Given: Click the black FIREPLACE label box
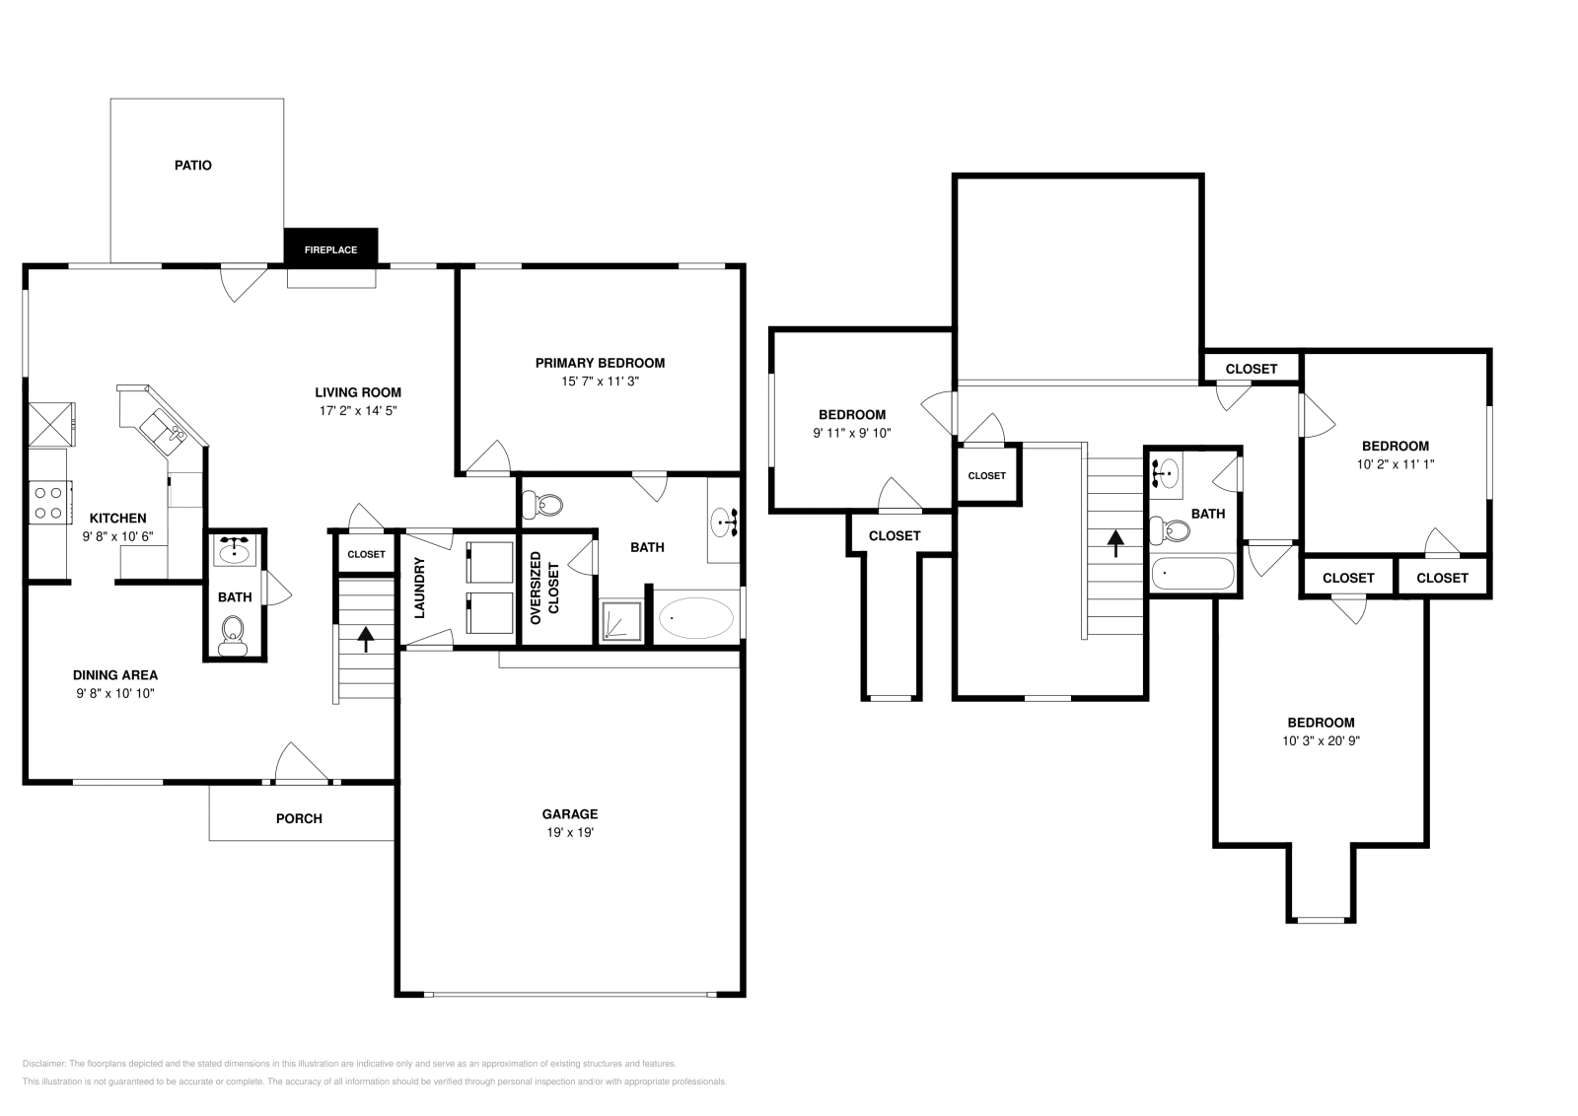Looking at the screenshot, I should (x=330, y=248).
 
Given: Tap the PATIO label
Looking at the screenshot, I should (x=193, y=165).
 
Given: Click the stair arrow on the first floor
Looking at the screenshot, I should (x=366, y=639).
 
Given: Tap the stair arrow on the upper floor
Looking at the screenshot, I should (x=1115, y=542).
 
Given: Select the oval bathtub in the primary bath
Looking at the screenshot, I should (x=695, y=618).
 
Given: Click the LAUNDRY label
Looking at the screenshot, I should (x=419, y=589).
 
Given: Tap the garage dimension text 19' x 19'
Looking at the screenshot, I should (x=569, y=832).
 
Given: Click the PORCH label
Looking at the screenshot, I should (x=299, y=818).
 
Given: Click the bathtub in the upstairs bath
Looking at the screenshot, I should (x=1192, y=573).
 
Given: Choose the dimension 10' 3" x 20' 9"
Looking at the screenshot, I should (x=1321, y=740).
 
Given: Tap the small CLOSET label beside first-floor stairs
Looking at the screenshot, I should (x=366, y=554).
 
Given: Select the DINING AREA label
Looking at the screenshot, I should (x=115, y=675).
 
